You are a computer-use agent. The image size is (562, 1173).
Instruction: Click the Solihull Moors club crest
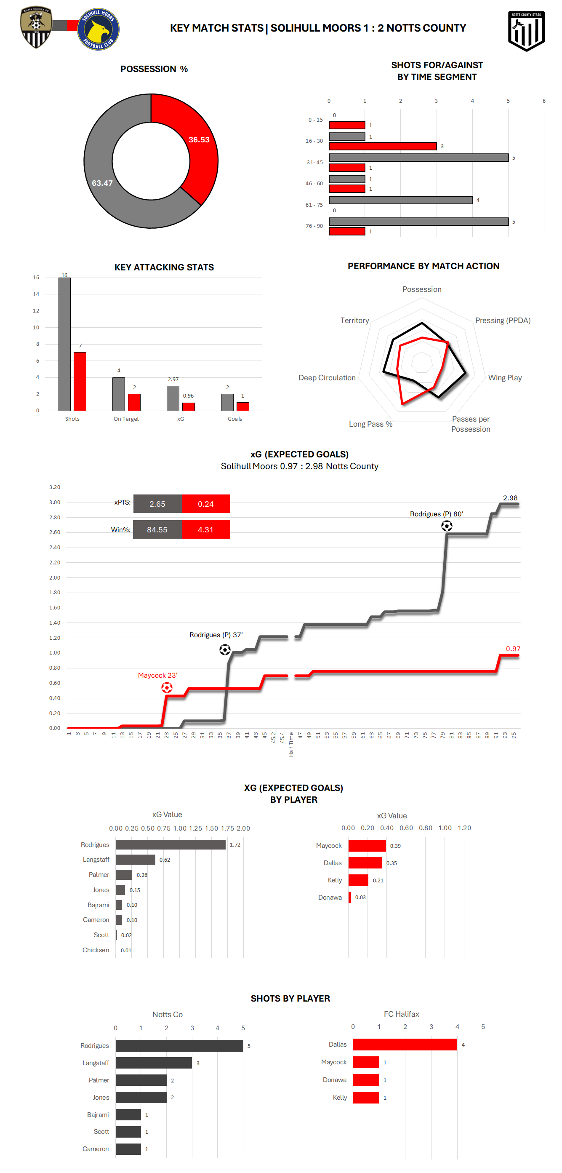[98, 29]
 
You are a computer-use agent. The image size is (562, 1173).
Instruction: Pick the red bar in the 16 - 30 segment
[382, 146]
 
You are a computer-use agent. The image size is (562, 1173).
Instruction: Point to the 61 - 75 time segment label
[314, 205]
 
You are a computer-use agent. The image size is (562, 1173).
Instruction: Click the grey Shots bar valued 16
[64, 344]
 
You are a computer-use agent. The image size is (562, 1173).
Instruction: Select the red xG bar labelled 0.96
[189, 406]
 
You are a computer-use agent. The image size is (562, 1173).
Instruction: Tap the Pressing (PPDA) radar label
[502, 321]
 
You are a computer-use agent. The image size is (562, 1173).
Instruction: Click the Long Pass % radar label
[370, 424]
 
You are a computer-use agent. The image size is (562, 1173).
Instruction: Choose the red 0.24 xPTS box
[206, 504]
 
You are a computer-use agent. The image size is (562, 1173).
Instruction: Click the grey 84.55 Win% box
[157, 529]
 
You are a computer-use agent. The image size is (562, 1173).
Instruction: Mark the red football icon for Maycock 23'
[167, 688]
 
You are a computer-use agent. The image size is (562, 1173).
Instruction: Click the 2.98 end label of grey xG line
[510, 498]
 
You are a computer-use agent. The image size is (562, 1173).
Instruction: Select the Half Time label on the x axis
[291, 745]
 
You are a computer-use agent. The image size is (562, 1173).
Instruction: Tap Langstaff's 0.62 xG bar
[135, 860]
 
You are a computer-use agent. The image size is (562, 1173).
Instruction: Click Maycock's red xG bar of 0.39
[367, 846]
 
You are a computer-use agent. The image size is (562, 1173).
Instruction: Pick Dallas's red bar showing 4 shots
[405, 1045]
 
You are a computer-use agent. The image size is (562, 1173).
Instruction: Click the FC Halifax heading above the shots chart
[401, 1014]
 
